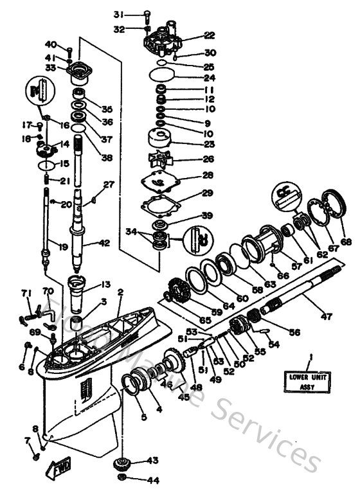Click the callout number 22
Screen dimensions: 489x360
(209, 35)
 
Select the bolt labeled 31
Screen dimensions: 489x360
(147, 14)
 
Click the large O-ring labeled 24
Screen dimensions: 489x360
(164, 76)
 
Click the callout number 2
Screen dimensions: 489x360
(120, 292)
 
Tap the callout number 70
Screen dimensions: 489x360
(48, 291)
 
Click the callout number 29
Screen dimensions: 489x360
(208, 193)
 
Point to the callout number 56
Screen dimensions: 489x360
(295, 333)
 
